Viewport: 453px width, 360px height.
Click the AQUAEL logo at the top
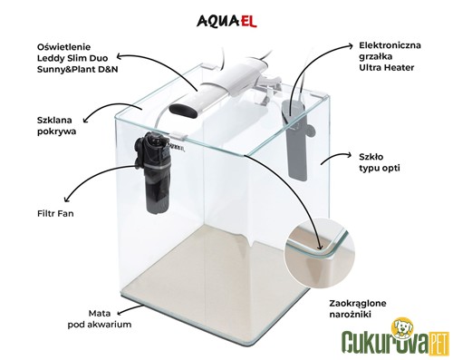click(x=226, y=21)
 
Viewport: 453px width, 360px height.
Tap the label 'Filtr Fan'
click(x=55, y=213)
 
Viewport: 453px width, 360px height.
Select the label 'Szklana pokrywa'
click(x=56, y=126)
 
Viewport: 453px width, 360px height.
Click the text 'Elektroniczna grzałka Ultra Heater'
click(x=390, y=56)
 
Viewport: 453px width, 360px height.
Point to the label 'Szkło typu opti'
click(x=380, y=162)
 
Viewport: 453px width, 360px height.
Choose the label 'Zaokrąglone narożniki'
click(x=358, y=308)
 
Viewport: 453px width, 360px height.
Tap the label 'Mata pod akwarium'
click(x=100, y=319)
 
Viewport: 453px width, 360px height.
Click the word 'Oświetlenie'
click(x=63, y=47)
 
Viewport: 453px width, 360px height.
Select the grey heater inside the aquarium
click(x=297, y=139)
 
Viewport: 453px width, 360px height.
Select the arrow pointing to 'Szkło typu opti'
click(x=336, y=157)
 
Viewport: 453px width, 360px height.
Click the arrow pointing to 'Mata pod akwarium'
click(x=130, y=309)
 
